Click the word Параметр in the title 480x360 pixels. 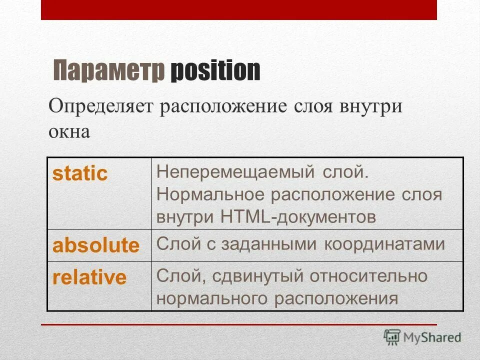click(108, 71)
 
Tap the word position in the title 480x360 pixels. click(215, 71)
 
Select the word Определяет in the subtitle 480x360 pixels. click(102, 108)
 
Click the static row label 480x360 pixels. click(80, 173)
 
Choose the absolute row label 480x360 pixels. click(96, 245)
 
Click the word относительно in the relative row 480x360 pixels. click(368, 276)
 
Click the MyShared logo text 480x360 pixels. click(432, 337)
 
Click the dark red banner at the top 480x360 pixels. click(238, 10)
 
